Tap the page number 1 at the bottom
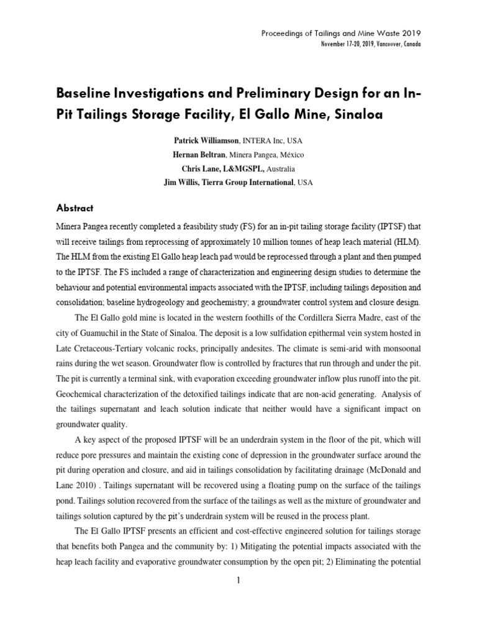tap(238, 580)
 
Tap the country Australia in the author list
tap(281, 168)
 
